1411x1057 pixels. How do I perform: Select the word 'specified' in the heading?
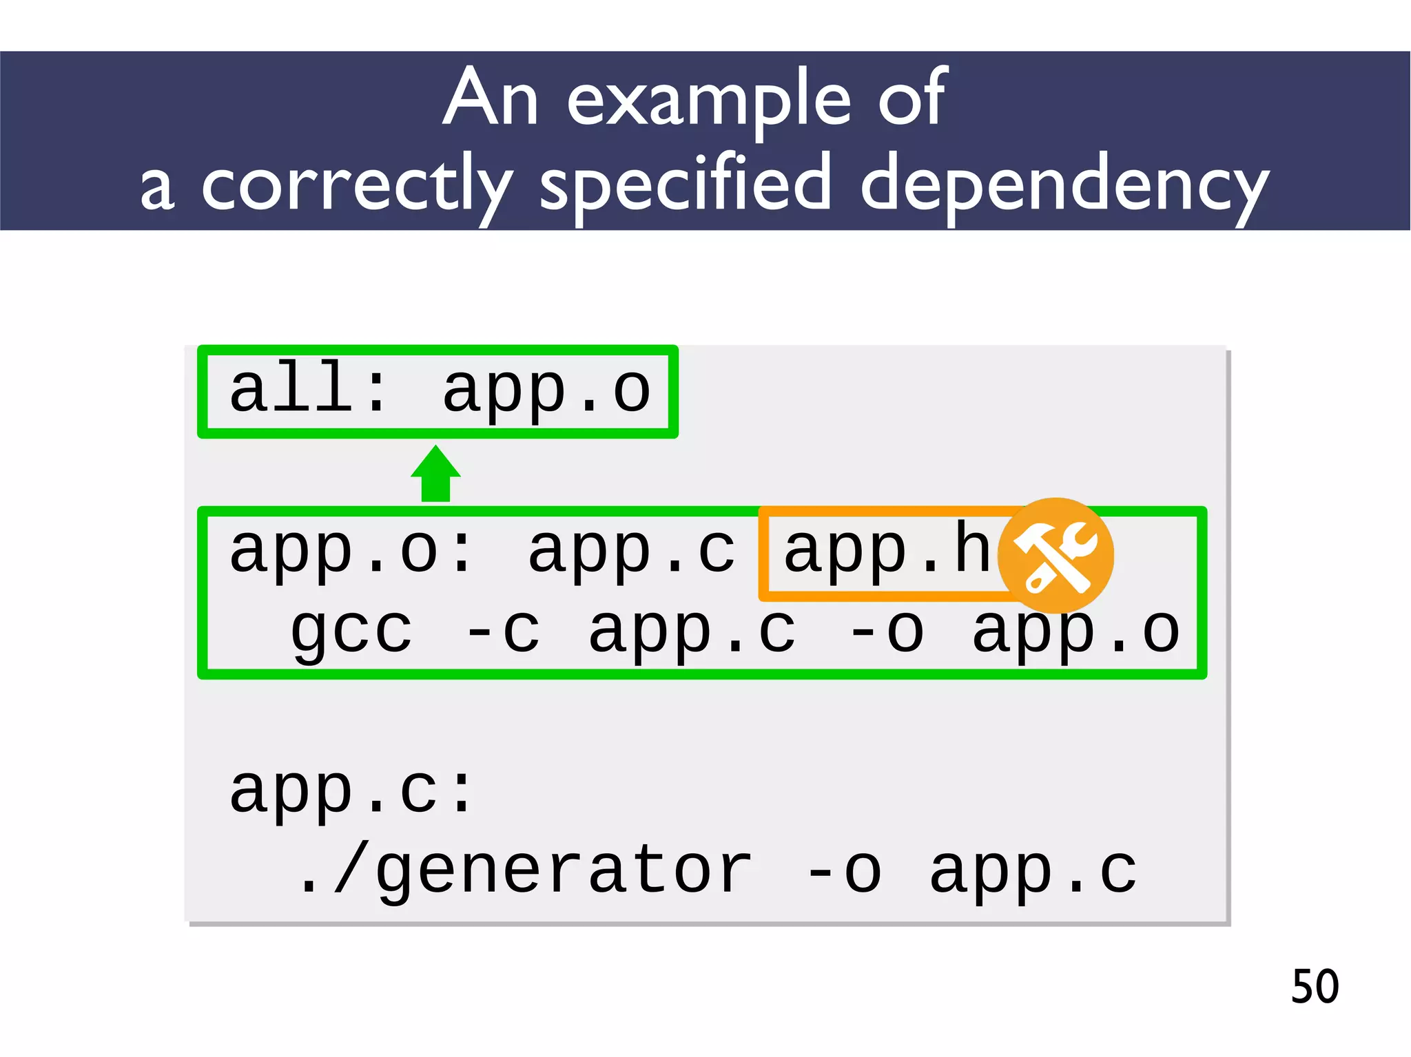point(686,185)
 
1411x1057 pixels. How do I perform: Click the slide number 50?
point(1315,986)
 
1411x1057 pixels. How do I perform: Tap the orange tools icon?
point(1055,556)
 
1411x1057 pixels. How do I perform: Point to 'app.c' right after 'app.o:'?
point(631,551)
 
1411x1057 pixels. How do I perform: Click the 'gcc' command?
point(351,632)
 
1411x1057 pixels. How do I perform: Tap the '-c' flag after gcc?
point(503,631)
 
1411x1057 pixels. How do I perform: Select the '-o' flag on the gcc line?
point(887,631)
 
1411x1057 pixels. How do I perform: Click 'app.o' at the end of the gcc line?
point(1075,632)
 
